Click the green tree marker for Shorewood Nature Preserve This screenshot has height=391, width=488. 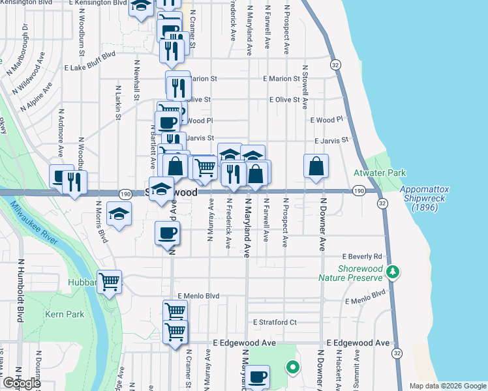pos(392,271)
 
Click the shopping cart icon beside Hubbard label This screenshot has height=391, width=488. pos(110,282)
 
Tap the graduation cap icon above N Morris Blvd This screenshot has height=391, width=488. pos(119,214)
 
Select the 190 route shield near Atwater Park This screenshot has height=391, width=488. pos(358,191)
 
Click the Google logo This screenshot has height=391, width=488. pos(21,383)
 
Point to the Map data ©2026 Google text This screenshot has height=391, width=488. pos(447,386)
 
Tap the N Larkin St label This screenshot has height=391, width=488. pos(119,102)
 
